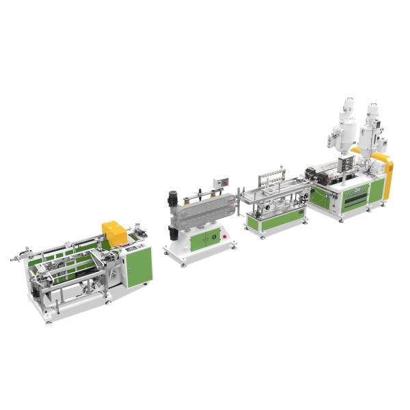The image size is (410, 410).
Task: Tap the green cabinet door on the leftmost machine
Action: (x=139, y=265)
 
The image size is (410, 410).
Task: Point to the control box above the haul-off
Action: (x=221, y=183)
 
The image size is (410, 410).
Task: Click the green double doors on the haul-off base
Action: (x=205, y=239)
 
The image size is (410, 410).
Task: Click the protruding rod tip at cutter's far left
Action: (x=12, y=258)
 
